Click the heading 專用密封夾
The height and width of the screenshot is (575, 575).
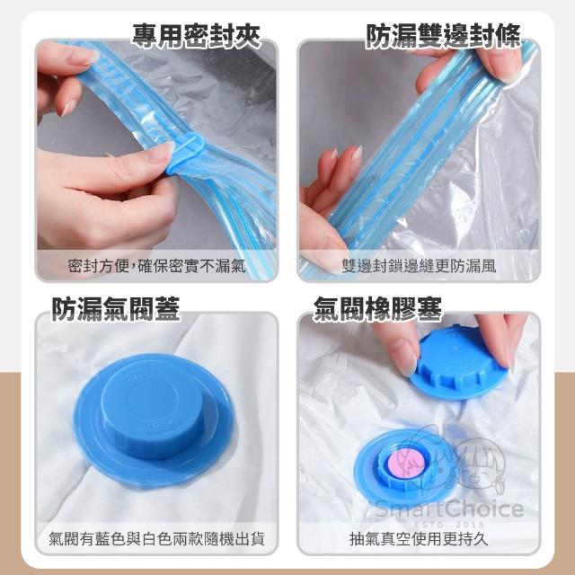196,36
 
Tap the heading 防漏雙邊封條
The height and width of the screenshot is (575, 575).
443,36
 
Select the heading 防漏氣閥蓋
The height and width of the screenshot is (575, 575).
116,309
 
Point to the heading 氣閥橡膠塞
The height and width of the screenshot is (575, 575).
377,309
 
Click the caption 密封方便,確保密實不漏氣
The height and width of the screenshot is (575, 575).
156,266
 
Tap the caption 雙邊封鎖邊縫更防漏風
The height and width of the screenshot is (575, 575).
419,266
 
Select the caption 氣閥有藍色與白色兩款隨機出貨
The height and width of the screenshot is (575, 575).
156,539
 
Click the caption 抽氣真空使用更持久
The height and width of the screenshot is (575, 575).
419,539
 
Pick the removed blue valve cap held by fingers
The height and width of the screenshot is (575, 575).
458,361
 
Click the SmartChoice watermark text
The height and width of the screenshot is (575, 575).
449,509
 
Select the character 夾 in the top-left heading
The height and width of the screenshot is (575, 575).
248,36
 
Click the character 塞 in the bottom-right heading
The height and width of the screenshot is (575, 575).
429,309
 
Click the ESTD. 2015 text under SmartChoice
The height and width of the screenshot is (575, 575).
449,525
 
